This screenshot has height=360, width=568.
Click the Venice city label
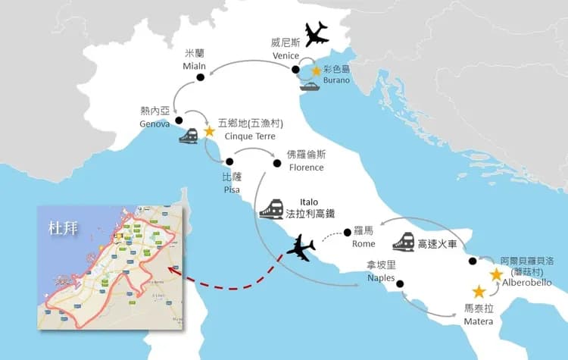point(286,55)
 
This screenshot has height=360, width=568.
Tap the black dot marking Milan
point(201,77)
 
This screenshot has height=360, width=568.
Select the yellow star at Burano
point(316,70)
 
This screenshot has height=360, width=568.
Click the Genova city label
point(154,124)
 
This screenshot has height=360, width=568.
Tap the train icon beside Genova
point(188,135)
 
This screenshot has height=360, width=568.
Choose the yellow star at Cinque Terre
point(210,130)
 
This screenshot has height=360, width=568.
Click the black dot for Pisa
point(227,161)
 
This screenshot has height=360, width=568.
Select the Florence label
point(305,167)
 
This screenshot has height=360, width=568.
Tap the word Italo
point(310,203)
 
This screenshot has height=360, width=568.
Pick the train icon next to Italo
point(271,208)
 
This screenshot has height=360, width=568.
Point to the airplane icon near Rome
point(301,247)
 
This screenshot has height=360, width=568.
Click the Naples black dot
point(400,284)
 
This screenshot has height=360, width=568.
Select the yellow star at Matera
point(479,291)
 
